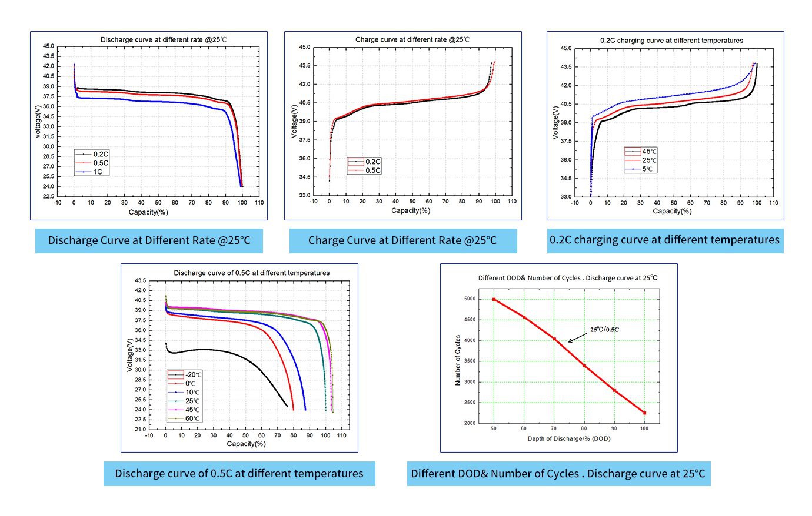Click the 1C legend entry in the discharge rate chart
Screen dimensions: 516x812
pos(97,172)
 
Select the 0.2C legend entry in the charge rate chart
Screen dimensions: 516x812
pos(372,162)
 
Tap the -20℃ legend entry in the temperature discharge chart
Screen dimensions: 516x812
pos(192,374)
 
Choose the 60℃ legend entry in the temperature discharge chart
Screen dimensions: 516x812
pos(192,418)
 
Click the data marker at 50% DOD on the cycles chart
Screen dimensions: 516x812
pos(494,299)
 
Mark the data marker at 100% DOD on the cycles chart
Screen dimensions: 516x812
pos(644,413)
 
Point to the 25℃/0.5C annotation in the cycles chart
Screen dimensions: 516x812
pos(604,330)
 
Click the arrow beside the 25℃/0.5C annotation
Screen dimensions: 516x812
pos(578,337)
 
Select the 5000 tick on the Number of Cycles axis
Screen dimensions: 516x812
pos(468,299)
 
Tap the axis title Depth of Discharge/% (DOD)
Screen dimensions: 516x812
pos(568,438)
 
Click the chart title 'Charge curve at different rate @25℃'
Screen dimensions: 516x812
pos(412,40)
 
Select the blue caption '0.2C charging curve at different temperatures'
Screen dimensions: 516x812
pos(665,240)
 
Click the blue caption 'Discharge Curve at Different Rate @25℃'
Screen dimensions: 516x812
pos(149,240)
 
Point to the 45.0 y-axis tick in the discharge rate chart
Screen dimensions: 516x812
pos(48,46)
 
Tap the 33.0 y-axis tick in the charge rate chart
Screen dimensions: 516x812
pos(304,195)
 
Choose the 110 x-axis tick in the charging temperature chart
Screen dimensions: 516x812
pos(773,203)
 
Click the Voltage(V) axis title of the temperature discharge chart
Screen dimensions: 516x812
pos(129,354)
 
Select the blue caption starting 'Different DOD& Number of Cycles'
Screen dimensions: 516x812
pos(558,474)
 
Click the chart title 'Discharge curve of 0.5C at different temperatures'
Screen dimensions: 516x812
pos(251,273)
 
